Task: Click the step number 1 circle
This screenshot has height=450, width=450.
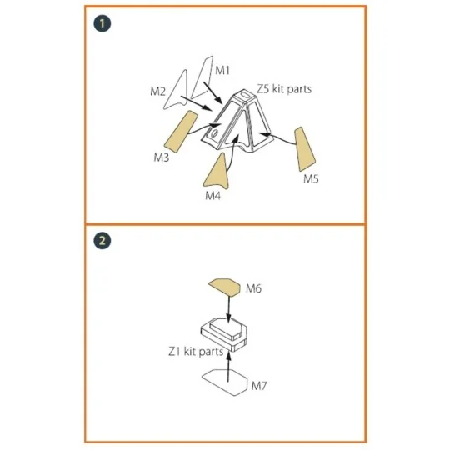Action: tap(102, 23)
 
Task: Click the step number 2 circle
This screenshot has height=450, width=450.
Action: tap(102, 241)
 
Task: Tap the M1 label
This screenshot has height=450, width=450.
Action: tap(222, 70)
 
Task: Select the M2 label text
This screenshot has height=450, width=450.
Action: tap(157, 92)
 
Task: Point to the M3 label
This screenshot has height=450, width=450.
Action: tap(162, 157)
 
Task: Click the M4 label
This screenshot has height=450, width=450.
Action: tap(213, 196)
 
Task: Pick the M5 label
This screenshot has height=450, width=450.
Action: tap(311, 179)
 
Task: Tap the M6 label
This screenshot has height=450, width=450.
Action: tap(253, 288)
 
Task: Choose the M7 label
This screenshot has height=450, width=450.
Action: tap(259, 386)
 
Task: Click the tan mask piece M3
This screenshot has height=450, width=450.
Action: tap(181, 132)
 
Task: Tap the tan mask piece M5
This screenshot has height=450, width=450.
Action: tap(304, 148)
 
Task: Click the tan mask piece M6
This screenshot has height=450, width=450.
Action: tap(225, 287)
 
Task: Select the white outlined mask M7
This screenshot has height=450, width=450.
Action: tap(225, 382)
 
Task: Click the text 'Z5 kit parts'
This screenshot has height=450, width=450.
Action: tap(284, 89)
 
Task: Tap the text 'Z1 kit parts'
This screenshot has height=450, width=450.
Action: tap(196, 352)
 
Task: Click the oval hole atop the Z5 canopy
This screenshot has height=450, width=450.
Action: tap(245, 94)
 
